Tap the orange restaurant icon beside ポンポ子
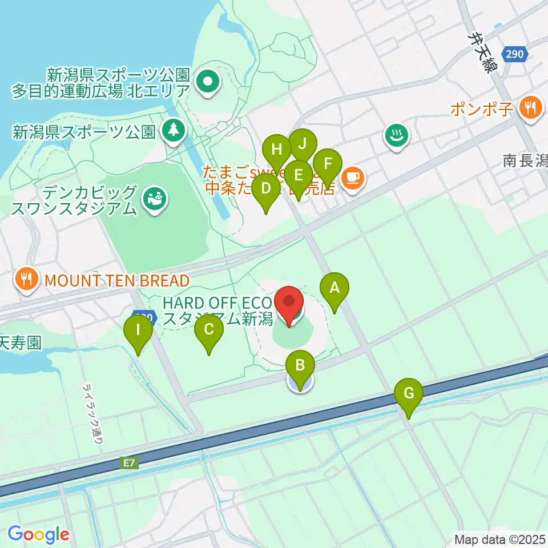pos(531,108)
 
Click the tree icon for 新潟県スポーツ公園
pos(172,131)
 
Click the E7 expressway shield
pos(130,464)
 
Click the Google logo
pos(39,534)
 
